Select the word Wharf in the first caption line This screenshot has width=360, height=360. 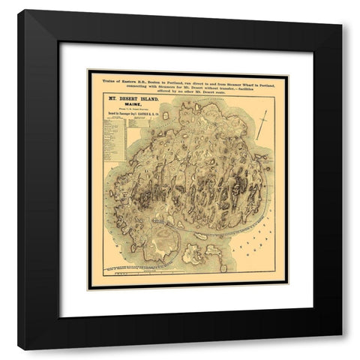[x=232, y=79]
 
